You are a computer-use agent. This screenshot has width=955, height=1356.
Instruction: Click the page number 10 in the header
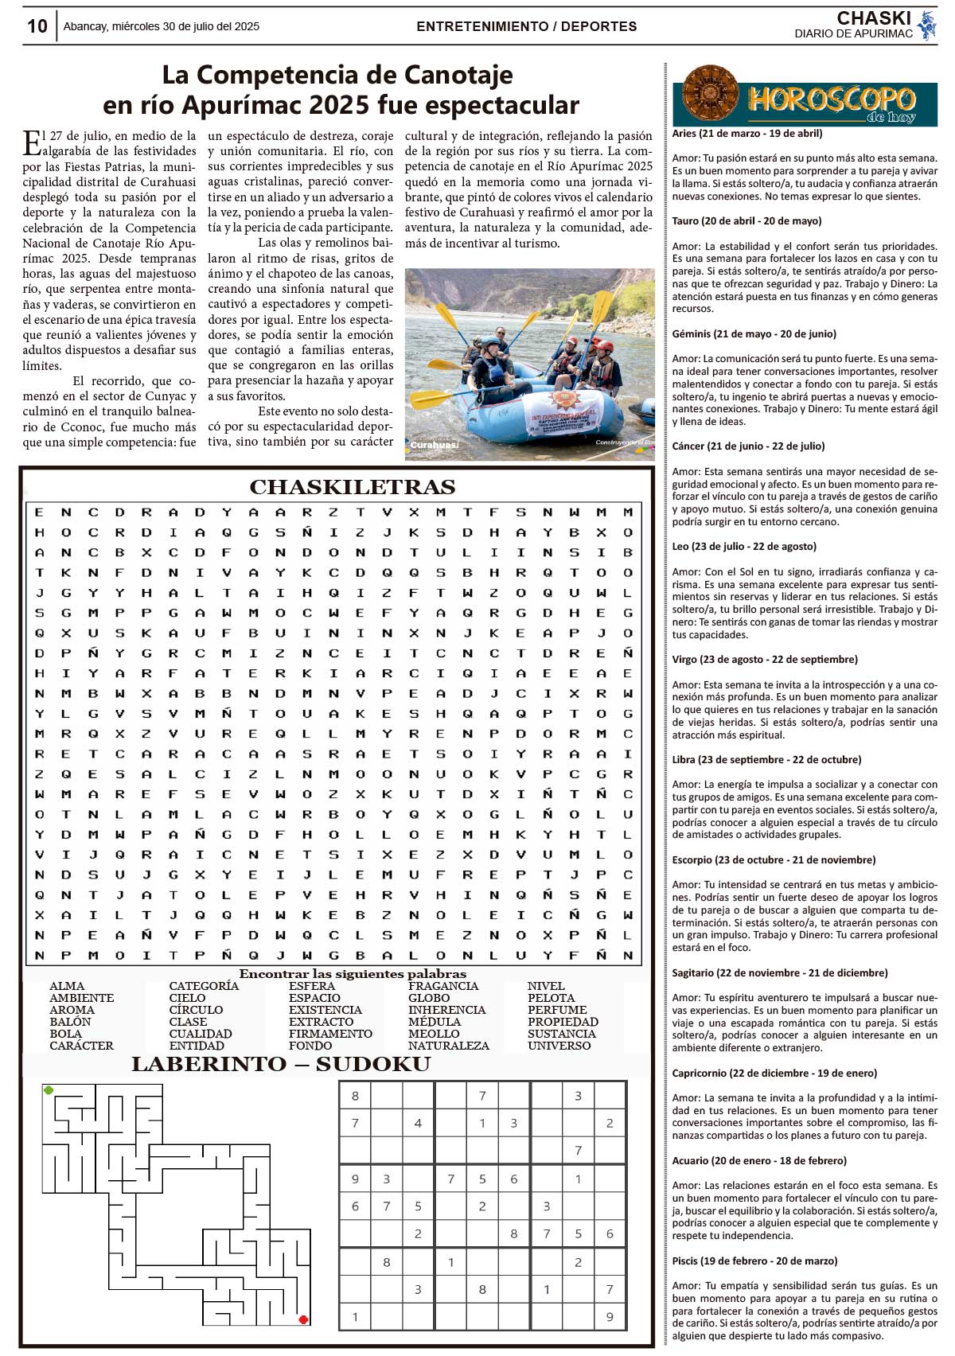point(37,26)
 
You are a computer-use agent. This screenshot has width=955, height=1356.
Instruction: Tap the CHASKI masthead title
point(873,18)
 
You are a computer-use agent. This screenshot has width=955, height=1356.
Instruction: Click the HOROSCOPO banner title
point(831,99)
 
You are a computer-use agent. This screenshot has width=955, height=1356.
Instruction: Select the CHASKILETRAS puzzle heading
point(353,487)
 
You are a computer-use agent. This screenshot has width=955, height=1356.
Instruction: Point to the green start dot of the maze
point(49,1090)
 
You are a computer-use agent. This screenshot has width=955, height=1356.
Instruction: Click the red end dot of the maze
point(303,1319)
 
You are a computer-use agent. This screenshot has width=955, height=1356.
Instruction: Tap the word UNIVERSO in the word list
point(559,1046)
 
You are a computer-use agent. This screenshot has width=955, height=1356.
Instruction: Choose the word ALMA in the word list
point(67,986)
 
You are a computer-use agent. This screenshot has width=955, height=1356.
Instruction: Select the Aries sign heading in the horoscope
point(746,134)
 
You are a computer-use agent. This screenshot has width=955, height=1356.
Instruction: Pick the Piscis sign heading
point(754,1261)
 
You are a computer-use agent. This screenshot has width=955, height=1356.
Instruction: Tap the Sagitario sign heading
point(779,972)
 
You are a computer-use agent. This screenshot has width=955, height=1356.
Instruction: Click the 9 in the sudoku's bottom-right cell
point(610,1317)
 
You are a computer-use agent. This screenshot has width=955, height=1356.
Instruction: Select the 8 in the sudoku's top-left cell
point(355,1096)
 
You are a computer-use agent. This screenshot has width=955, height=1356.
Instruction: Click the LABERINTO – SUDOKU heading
point(280,1065)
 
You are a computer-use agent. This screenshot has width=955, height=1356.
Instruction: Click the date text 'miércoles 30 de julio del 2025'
point(185,26)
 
